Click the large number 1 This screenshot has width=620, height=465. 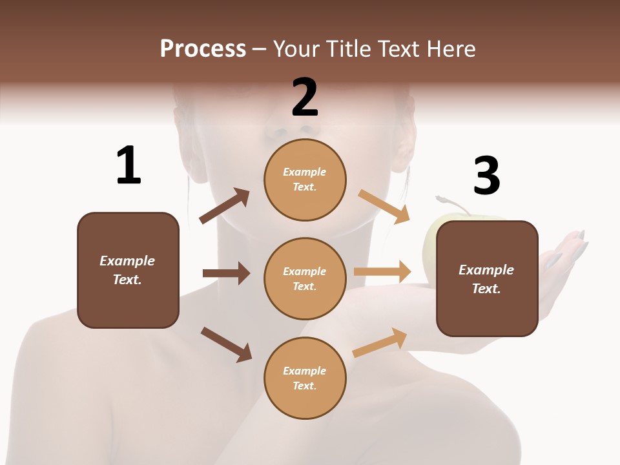[129, 165]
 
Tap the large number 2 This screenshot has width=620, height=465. [305, 98]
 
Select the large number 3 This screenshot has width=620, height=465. [486, 176]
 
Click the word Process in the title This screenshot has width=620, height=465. [203, 48]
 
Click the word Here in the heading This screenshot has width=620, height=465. [449, 48]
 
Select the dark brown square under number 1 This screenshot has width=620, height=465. [128, 270]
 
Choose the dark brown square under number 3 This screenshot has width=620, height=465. [487, 278]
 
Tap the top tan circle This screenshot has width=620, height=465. [305, 180]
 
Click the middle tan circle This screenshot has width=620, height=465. [305, 278]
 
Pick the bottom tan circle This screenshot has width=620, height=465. [305, 378]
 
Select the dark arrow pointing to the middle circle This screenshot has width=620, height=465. [226, 273]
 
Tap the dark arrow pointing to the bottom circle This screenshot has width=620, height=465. [227, 344]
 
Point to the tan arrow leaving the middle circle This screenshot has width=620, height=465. [382, 271]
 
